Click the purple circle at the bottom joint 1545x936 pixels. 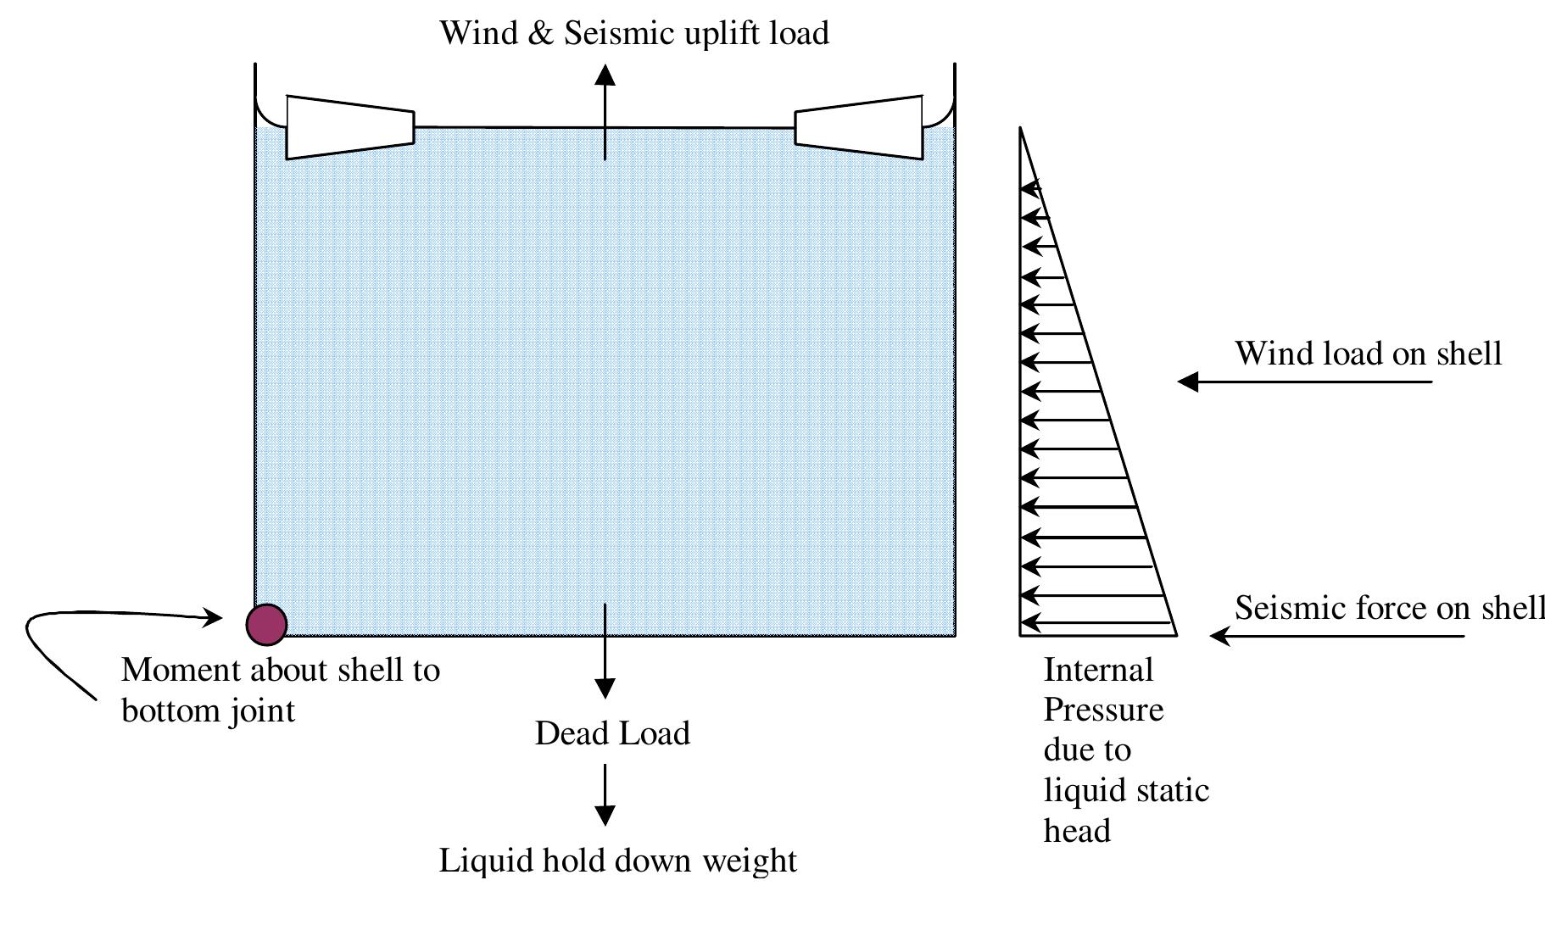(266, 625)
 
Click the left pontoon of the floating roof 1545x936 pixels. (349, 127)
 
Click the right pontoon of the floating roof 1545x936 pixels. (859, 127)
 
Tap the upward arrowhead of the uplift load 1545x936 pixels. (605, 75)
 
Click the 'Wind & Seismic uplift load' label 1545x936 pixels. (633, 33)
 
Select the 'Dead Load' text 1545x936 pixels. (612, 733)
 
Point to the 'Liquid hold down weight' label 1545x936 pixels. (617, 861)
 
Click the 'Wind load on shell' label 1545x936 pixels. (1368, 354)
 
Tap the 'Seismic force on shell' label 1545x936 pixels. (1389, 608)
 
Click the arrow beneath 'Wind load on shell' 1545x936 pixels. (1304, 382)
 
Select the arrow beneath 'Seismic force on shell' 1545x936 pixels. (1336, 636)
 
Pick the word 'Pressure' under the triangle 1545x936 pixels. (1103, 709)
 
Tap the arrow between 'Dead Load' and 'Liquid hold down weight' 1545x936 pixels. (605, 794)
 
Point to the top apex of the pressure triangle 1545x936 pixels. (1020, 129)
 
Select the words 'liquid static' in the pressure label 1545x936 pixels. (1125, 790)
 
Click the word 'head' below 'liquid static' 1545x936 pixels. (1076, 831)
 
